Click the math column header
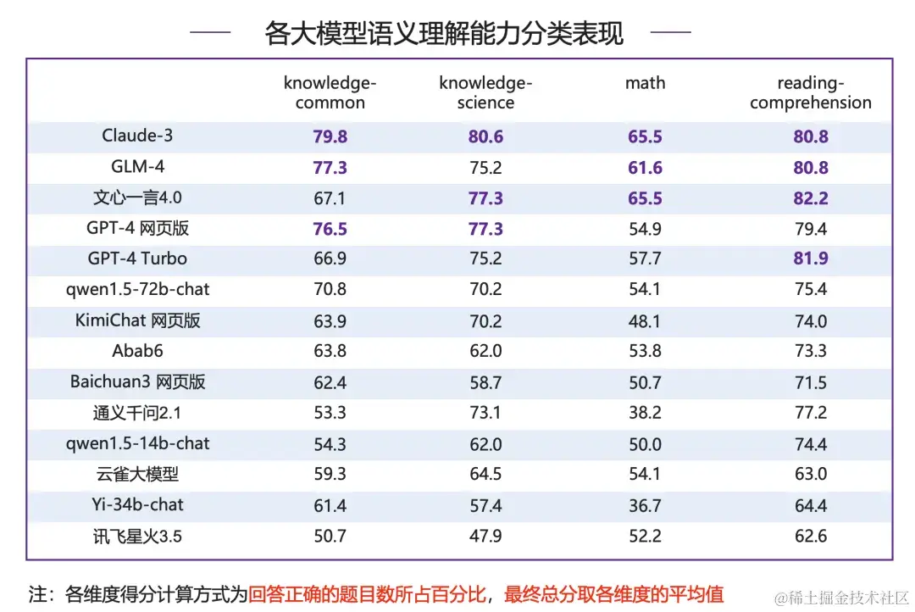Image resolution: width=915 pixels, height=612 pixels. pos(645,83)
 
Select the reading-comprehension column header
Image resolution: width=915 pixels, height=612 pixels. pos(810,93)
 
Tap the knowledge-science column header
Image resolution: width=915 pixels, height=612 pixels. pos(485,93)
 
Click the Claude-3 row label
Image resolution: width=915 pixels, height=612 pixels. pos(137,136)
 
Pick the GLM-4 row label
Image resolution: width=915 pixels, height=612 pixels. pos(137,167)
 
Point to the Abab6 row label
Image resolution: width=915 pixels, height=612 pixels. pos(137,351)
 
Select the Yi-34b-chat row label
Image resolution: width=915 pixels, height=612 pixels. pos(137,505)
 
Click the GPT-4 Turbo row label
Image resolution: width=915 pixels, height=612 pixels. pos(137,259)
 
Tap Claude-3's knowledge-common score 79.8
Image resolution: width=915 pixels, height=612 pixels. pos(330,136)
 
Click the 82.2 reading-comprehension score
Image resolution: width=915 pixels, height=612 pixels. pos(811,198)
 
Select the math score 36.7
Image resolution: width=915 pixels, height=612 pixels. pos(645,505)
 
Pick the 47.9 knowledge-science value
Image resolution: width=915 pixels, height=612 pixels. pos(485,536)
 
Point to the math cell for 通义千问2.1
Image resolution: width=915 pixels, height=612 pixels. pos(645,413)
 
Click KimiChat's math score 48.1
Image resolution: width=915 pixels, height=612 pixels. pos(645,320)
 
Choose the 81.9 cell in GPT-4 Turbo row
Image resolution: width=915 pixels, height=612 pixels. pos(811,259)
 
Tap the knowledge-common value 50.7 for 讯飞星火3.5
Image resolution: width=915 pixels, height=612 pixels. pos(330,536)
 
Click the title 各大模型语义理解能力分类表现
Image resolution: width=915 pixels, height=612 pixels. pos(444,34)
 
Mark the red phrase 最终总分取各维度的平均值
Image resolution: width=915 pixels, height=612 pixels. pos(614,593)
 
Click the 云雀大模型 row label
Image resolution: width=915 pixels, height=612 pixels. pos(137,475)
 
